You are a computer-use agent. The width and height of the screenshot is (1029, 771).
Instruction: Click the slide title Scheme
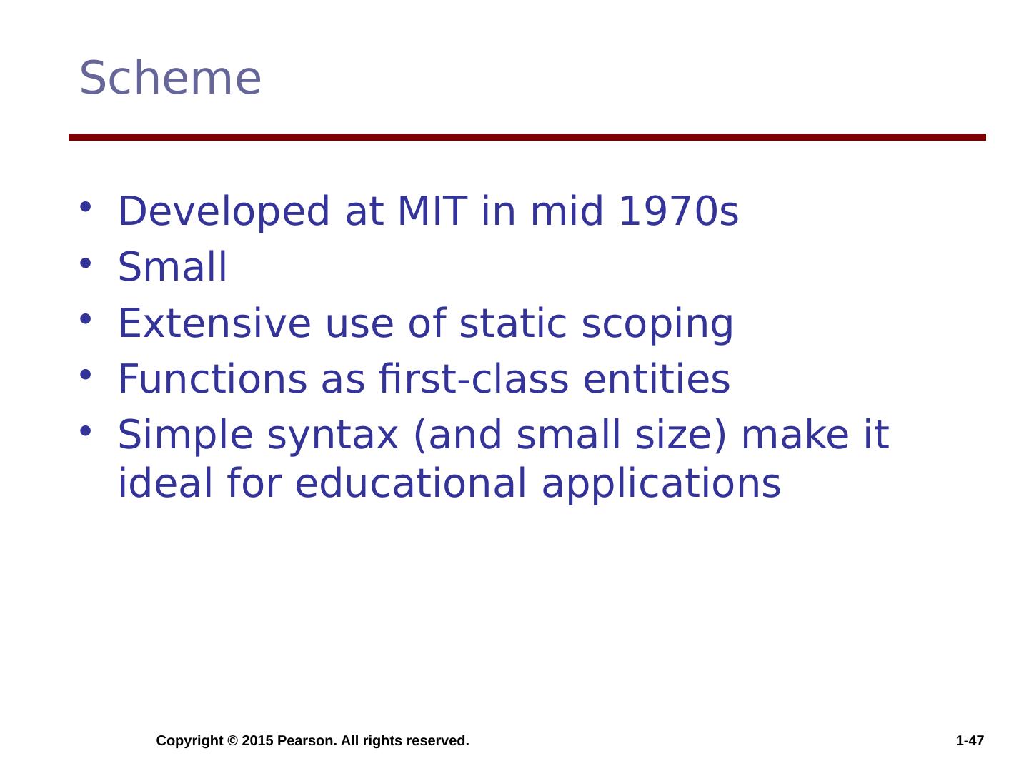tap(169, 78)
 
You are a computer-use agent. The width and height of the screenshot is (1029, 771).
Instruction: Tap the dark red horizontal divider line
tap(527, 137)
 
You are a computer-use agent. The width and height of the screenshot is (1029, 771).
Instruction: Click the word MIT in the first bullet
tap(432, 211)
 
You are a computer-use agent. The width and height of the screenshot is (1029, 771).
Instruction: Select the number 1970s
tap(678, 211)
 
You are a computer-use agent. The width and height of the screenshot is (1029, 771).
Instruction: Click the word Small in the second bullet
tap(172, 266)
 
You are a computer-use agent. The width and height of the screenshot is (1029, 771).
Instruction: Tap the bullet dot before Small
tap(85, 263)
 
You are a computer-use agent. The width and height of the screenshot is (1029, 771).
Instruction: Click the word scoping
tap(657, 325)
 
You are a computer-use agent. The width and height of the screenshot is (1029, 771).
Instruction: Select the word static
tap(513, 323)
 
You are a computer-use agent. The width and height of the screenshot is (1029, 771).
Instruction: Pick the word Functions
tap(213, 378)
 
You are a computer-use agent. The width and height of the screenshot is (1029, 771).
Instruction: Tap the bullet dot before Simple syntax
tap(85, 430)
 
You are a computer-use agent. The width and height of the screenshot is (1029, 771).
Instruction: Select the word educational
tap(411, 483)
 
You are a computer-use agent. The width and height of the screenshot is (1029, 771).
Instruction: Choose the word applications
tap(661, 485)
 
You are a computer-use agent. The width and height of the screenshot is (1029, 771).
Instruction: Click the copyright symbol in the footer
tap(232, 741)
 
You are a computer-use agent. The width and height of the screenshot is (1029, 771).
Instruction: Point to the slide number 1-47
tap(970, 740)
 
